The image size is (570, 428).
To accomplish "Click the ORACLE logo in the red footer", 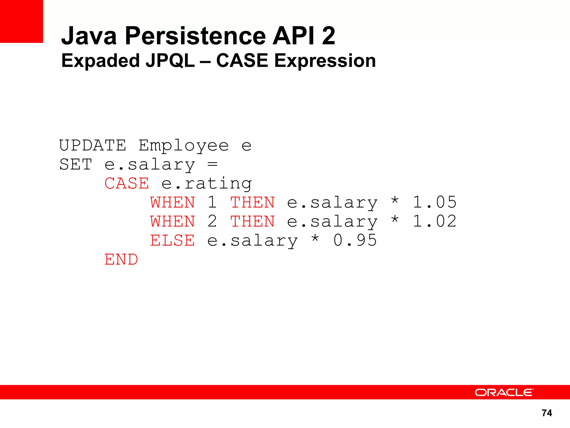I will pyautogui.click(x=504, y=392).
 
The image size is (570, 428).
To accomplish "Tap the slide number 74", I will pyautogui.click(x=547, y=413).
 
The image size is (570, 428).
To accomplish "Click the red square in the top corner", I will pyautogui.click(x=21, y=21).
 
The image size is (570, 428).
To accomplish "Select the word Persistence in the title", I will pyautogui.click(x=196, y=36).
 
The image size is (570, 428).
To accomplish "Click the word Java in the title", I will pyautogui.click(x=89, y=36).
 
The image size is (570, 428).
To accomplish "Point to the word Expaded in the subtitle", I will pyautogui.click(x=100, y=61).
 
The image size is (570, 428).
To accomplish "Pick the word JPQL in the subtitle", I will pyautogui.click(x=170, y=61).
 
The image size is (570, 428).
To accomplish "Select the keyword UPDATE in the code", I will pyautogui.click(x=93, y=145).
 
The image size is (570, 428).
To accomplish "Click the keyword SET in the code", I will pyautogui.click(x=76, y=164).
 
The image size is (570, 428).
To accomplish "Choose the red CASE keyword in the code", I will pyautogui.click(x=127, y=183).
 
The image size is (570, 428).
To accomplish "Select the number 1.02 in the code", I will pyautogui.click(x=434, y=221).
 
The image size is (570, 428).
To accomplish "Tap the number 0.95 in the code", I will pyautogui.click(x=355, y=240).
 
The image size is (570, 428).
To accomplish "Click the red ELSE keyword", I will pyautogui.click(x=172, y=240).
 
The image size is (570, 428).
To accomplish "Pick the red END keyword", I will pyautogui.click(x=121, y=259).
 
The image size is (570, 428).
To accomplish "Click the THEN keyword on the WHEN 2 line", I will pyautogui.click(x=252, y=221).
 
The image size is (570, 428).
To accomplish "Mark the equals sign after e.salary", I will pyautogui.click(x=212, y=164).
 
